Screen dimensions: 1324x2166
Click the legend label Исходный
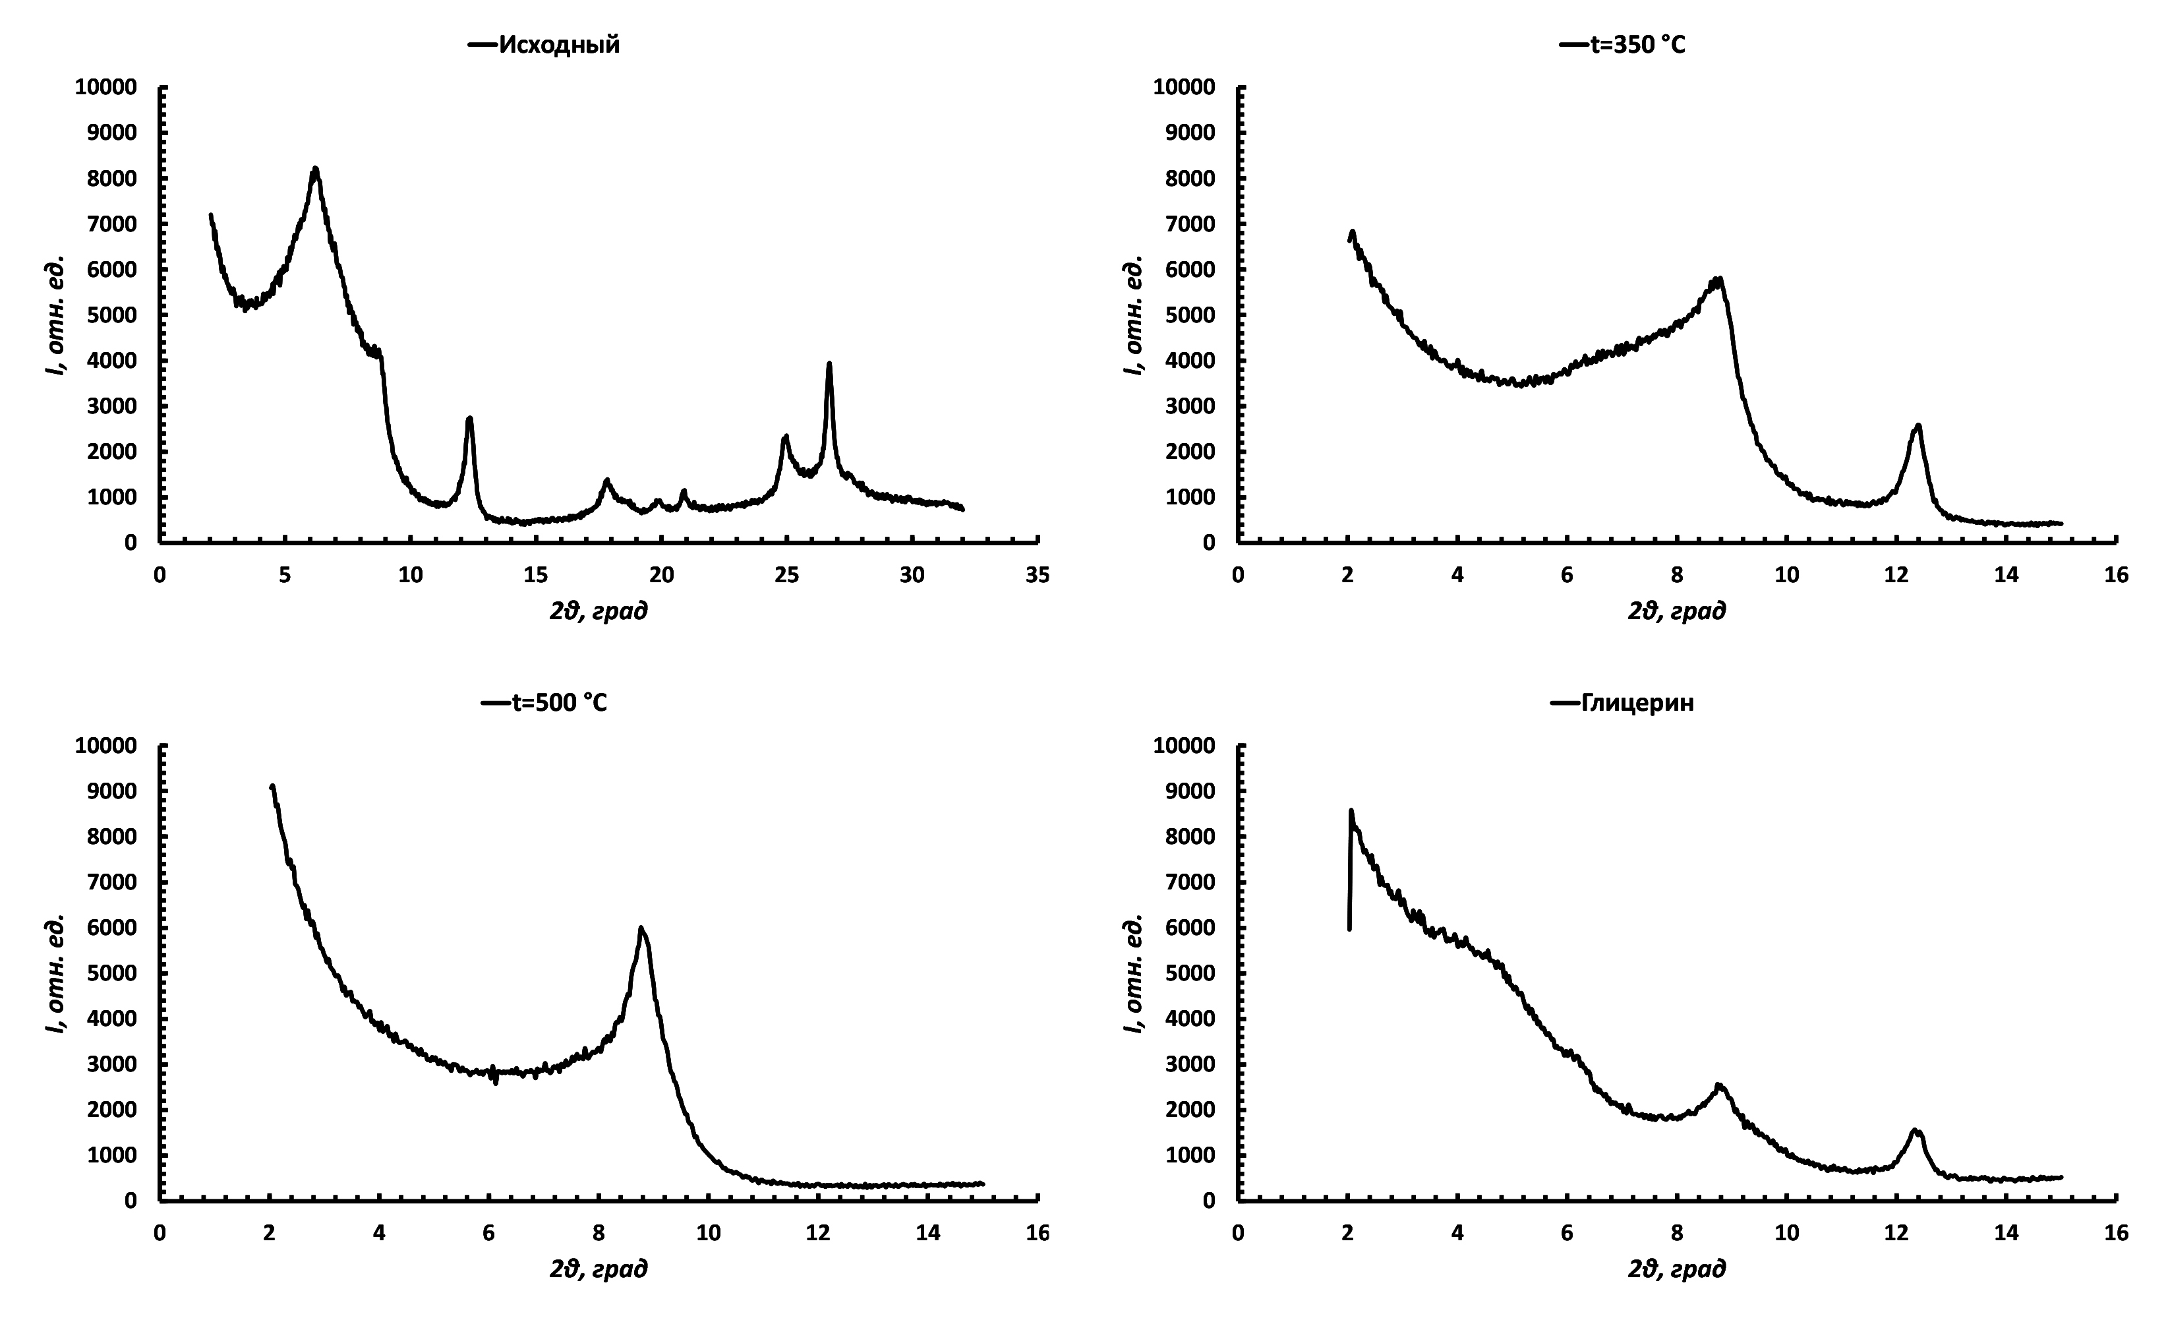tap(559, 45)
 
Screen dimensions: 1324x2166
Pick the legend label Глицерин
tap(1637, 704)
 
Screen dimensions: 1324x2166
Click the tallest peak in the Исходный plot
tap(314, 169)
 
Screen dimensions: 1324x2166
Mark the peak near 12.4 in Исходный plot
tap(469, 419)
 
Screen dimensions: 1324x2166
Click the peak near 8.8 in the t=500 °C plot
tap(642, 928)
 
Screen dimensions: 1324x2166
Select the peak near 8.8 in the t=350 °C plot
tap(1718, 280)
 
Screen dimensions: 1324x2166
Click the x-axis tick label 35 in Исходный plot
tap(1038, 576)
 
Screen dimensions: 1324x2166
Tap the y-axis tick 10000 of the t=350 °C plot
tap(1184, 87)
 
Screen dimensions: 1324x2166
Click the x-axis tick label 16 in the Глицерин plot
tap(2117, 1234)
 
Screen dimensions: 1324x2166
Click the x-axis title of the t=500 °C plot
tap(599, 1269)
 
